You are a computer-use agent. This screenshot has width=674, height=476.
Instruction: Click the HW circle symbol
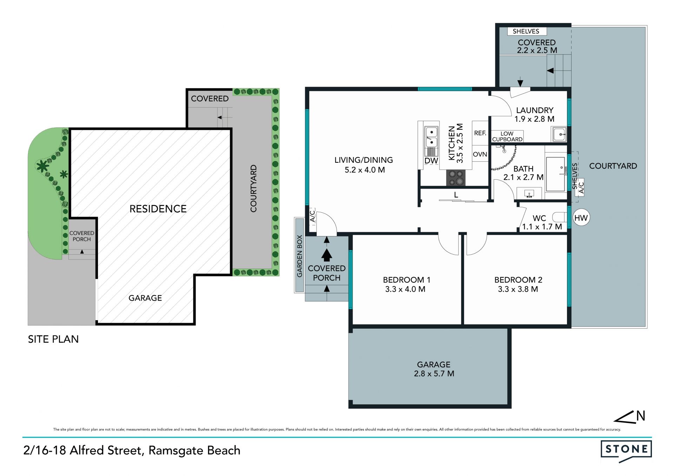pos(581,218)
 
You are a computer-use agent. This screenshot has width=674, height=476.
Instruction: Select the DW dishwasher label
pos(431,161)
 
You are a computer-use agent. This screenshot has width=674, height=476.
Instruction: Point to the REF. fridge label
pos(480,133)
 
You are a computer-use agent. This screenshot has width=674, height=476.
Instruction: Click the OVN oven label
pos(480,154)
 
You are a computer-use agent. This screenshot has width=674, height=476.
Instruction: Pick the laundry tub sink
pos(559,134)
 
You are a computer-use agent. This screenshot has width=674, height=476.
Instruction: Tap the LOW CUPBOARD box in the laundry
pos(507,136)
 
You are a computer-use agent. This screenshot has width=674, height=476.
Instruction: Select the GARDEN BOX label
pos(299,256)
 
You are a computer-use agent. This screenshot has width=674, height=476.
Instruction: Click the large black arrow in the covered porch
pos(326,255)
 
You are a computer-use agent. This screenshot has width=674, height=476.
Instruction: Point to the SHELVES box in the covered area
pos(527,31)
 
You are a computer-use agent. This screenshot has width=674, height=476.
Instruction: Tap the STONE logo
pos(626,450)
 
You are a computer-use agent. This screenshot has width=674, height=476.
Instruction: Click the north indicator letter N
pos(641,416)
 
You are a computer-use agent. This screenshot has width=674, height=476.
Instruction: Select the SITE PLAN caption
pos(53,339)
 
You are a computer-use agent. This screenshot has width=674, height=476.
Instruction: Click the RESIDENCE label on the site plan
pos(158,209)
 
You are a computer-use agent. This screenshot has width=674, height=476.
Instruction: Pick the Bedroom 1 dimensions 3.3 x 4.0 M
pos(405,289)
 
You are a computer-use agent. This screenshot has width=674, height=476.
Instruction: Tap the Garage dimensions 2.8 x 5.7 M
pos(434,374)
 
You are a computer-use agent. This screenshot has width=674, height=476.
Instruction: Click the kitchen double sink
pos(431,137)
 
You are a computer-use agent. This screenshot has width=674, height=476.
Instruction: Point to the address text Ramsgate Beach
pos(194,450)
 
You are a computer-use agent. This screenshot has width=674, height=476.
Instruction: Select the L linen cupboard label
pos(456,195)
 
